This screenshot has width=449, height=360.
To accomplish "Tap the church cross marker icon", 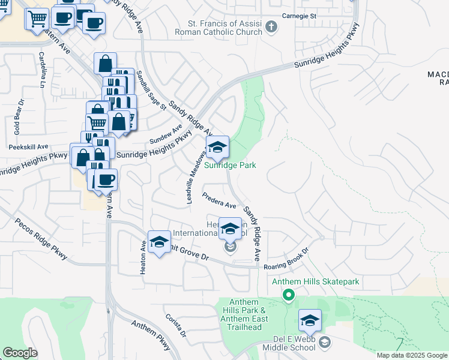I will pyautogui.click(x=271, y=26).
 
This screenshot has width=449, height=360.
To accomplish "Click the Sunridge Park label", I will pyautogui.click(x=231, y=165).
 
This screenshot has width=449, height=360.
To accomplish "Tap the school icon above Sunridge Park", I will pyautogui.click(x=217, y=146).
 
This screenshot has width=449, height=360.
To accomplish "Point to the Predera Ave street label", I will pyautogui.click(x=219, y=200).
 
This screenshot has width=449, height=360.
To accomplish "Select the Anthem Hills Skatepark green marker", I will pyautogui.click(x=289, y=295).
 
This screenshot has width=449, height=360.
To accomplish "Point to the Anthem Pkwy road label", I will pyautogui.click(x=151, y=336).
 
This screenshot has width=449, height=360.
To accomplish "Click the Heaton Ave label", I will pyautogui.click(x=143, y=258).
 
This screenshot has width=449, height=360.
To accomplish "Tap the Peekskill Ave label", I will pyautogui.click(x=28, y=146).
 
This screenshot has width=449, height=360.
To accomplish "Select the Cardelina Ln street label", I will pyautogui.click(x=43, y=71).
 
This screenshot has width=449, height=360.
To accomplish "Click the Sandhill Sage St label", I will pyautogui.click(x=151, y=90).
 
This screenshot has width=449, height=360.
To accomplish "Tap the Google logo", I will pyautogui.click(x=20, y=353).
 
